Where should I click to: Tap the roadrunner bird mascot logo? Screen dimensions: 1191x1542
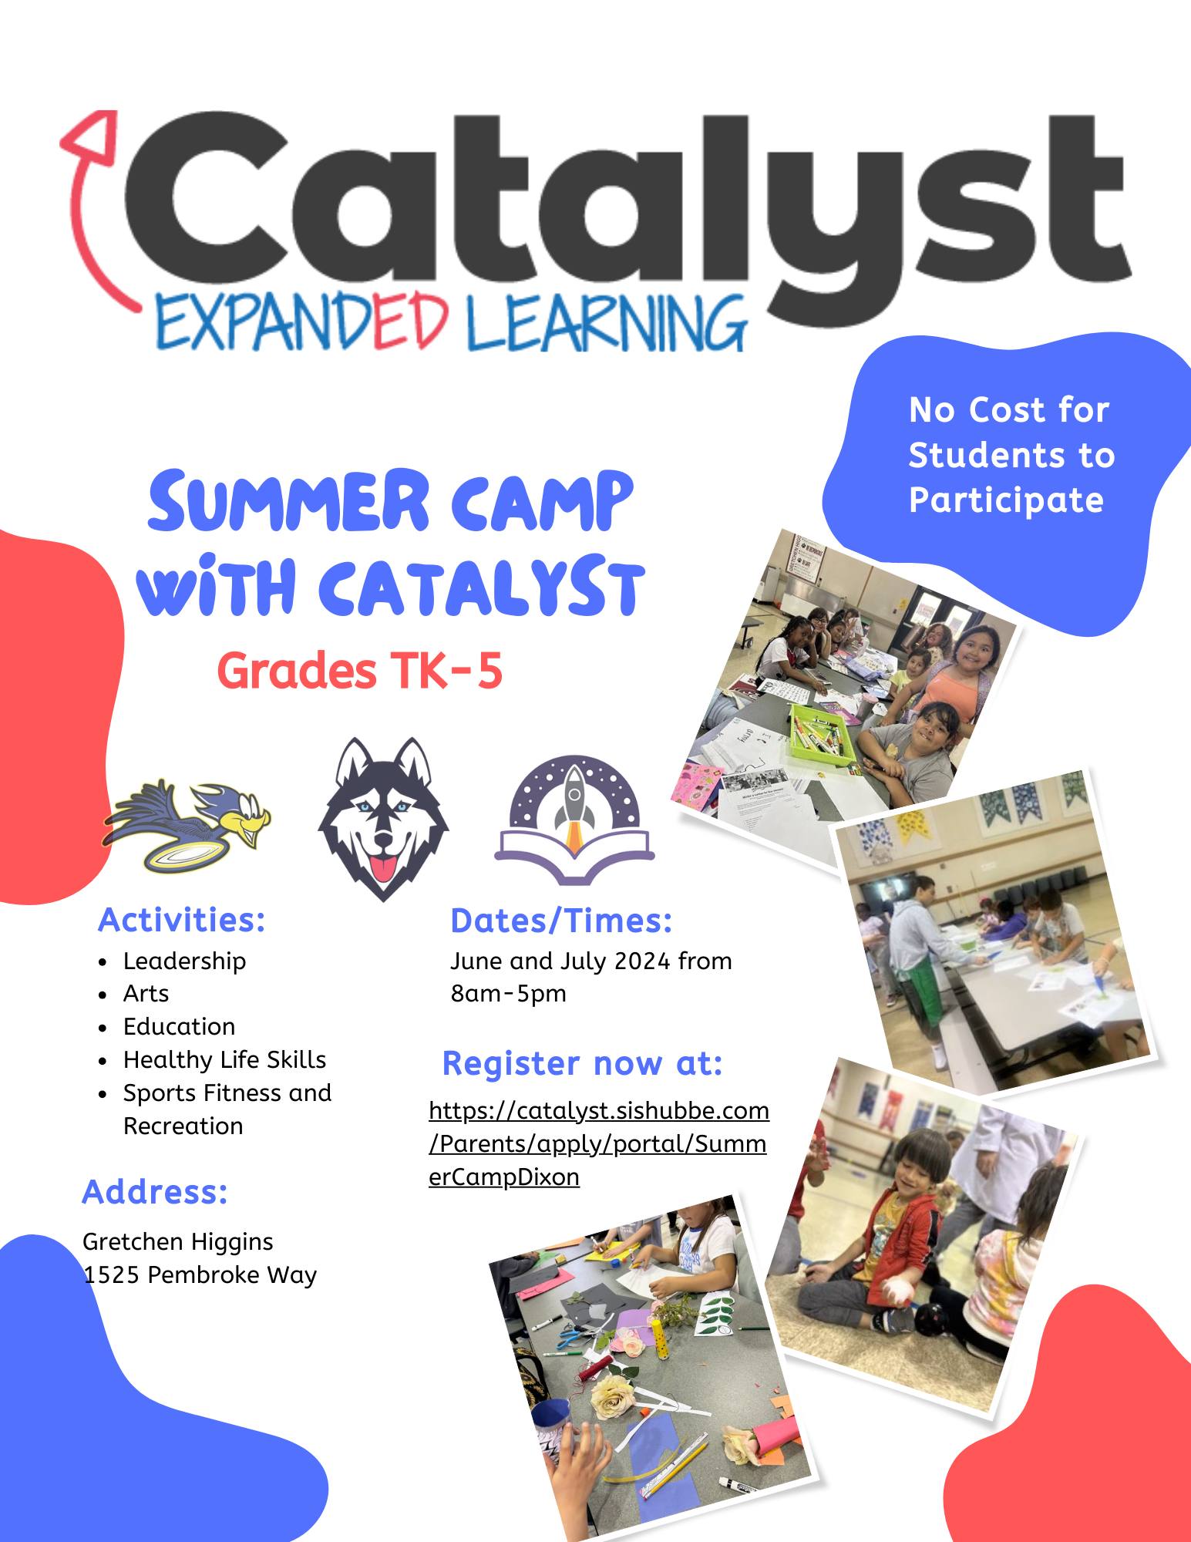(187, 826)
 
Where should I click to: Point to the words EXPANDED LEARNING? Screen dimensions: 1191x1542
(451, 324)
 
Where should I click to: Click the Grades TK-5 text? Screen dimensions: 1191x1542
(359, 670)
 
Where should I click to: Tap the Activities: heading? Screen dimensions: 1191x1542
(182, 920)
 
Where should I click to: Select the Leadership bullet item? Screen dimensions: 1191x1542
(184, 961)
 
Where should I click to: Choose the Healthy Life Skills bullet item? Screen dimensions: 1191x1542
(224, 1059)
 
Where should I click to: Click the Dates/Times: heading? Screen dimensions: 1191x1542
(561, 921)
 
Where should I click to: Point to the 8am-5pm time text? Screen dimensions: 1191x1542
(509, 993)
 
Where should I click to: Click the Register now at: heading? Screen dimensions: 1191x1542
(583, 1063)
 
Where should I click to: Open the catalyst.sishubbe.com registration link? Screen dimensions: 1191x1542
(598, 1143)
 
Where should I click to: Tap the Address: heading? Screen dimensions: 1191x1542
(155, 1191)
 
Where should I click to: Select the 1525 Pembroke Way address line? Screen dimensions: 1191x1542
(200, 1274)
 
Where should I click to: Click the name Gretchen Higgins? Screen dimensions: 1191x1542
(178, 1241)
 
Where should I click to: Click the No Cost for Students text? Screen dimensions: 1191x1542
(1011, 432)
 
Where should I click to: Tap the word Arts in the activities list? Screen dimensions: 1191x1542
(146, 993)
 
